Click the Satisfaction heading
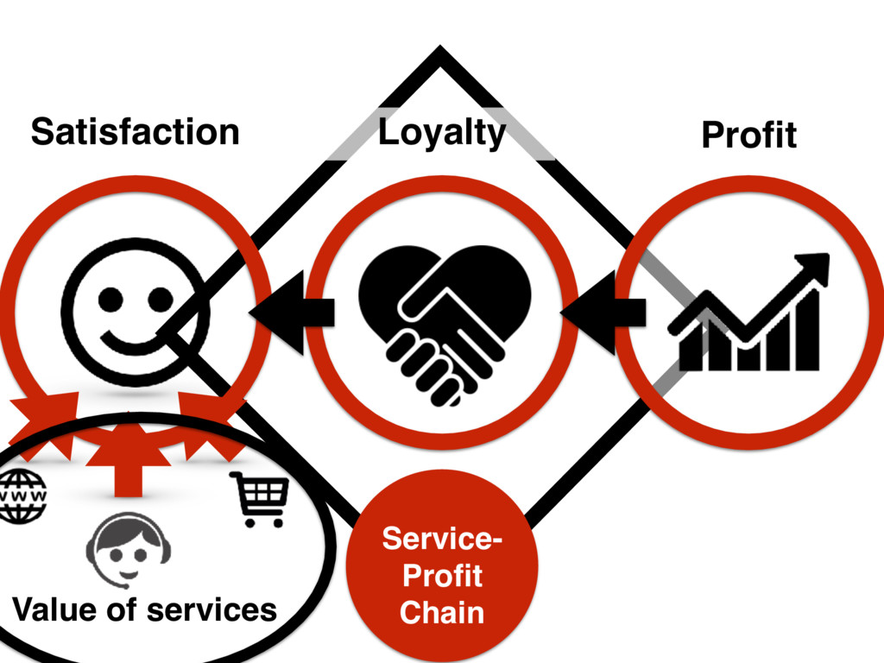[135, 132]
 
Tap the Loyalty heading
[441, 133]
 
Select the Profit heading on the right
[748, 135]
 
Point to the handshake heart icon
[444, 320]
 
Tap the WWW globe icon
[23, 496]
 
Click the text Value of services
[144, 609]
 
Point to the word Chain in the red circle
[442, 612]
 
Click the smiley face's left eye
[111, 298]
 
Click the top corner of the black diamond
[440, 54]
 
